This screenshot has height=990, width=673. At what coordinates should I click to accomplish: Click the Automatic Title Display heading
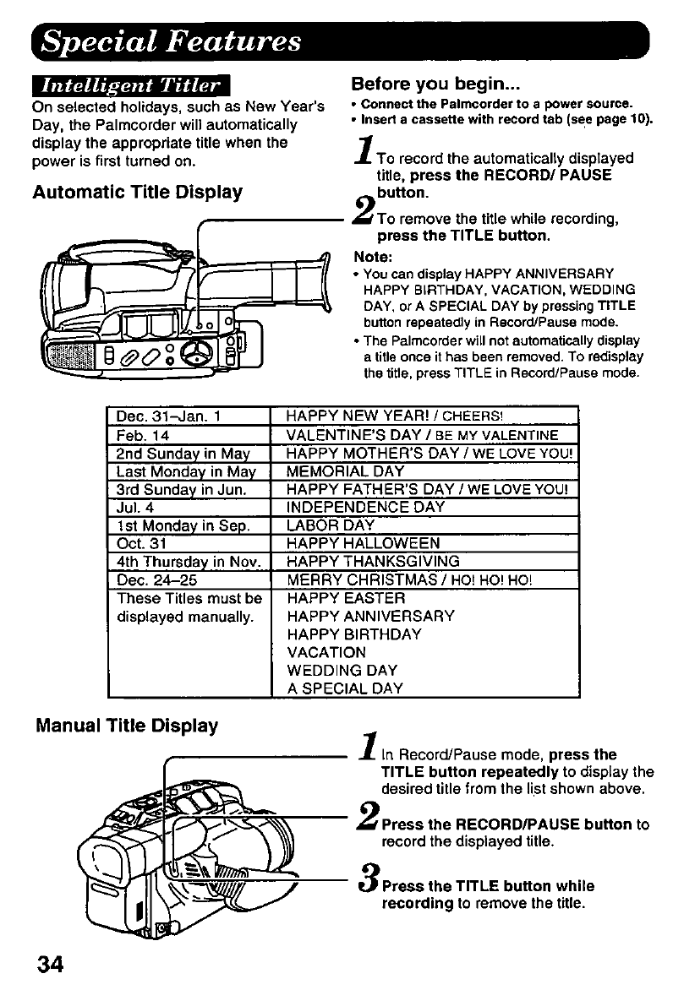[x=137, y=192]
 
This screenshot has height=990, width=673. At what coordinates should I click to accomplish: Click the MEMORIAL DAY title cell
[x=345, y=471]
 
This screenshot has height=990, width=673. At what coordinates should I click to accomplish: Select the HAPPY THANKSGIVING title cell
[x=374, y=561]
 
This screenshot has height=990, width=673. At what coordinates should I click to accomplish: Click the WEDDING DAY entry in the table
[x=336, y=670]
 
